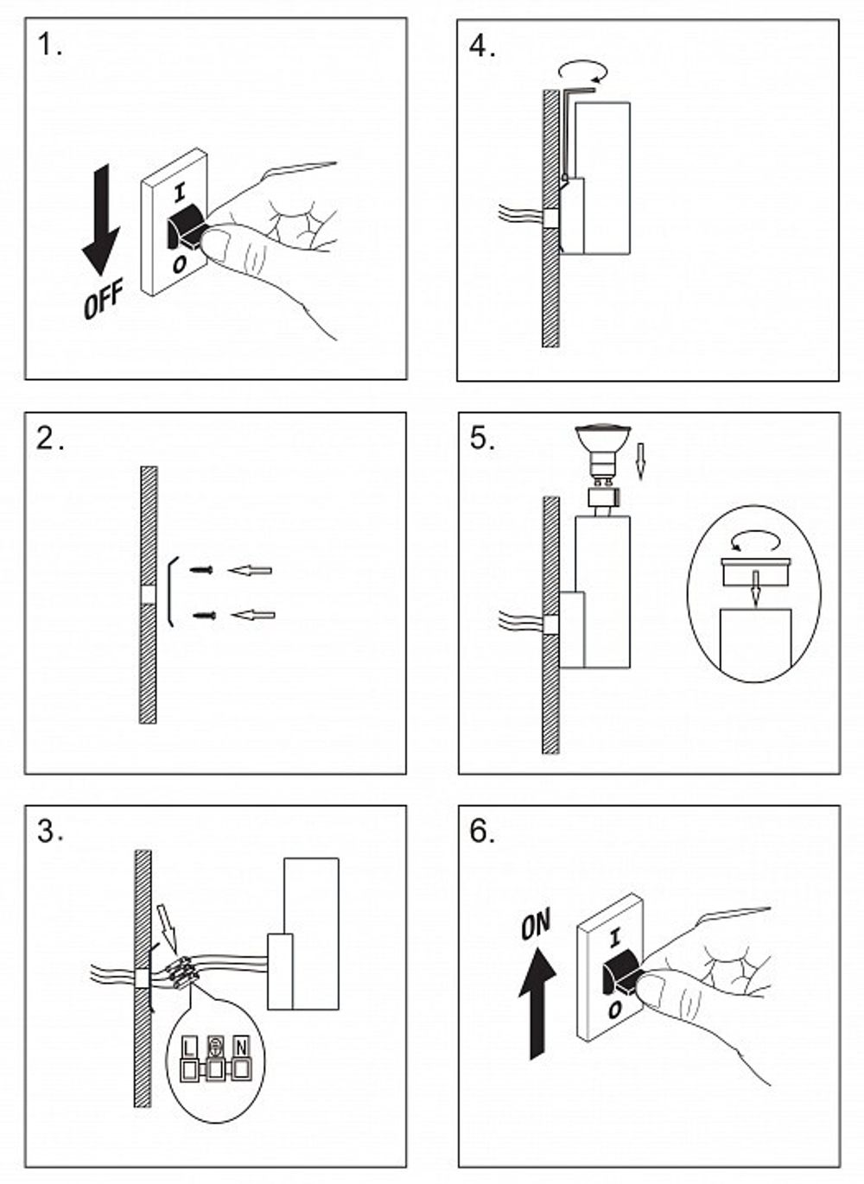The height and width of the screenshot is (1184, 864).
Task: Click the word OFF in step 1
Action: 103,298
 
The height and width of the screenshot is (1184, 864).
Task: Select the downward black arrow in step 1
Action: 100,220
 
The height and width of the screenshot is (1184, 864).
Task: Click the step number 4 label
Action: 482,47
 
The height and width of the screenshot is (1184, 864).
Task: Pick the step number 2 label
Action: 50,440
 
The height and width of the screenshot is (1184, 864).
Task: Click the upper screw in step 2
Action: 201,570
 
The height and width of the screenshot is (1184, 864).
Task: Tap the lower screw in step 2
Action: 205,615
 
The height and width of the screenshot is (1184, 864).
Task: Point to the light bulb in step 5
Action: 602,455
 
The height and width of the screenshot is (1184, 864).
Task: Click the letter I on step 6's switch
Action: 614,939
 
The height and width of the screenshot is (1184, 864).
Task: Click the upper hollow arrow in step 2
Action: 250,570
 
